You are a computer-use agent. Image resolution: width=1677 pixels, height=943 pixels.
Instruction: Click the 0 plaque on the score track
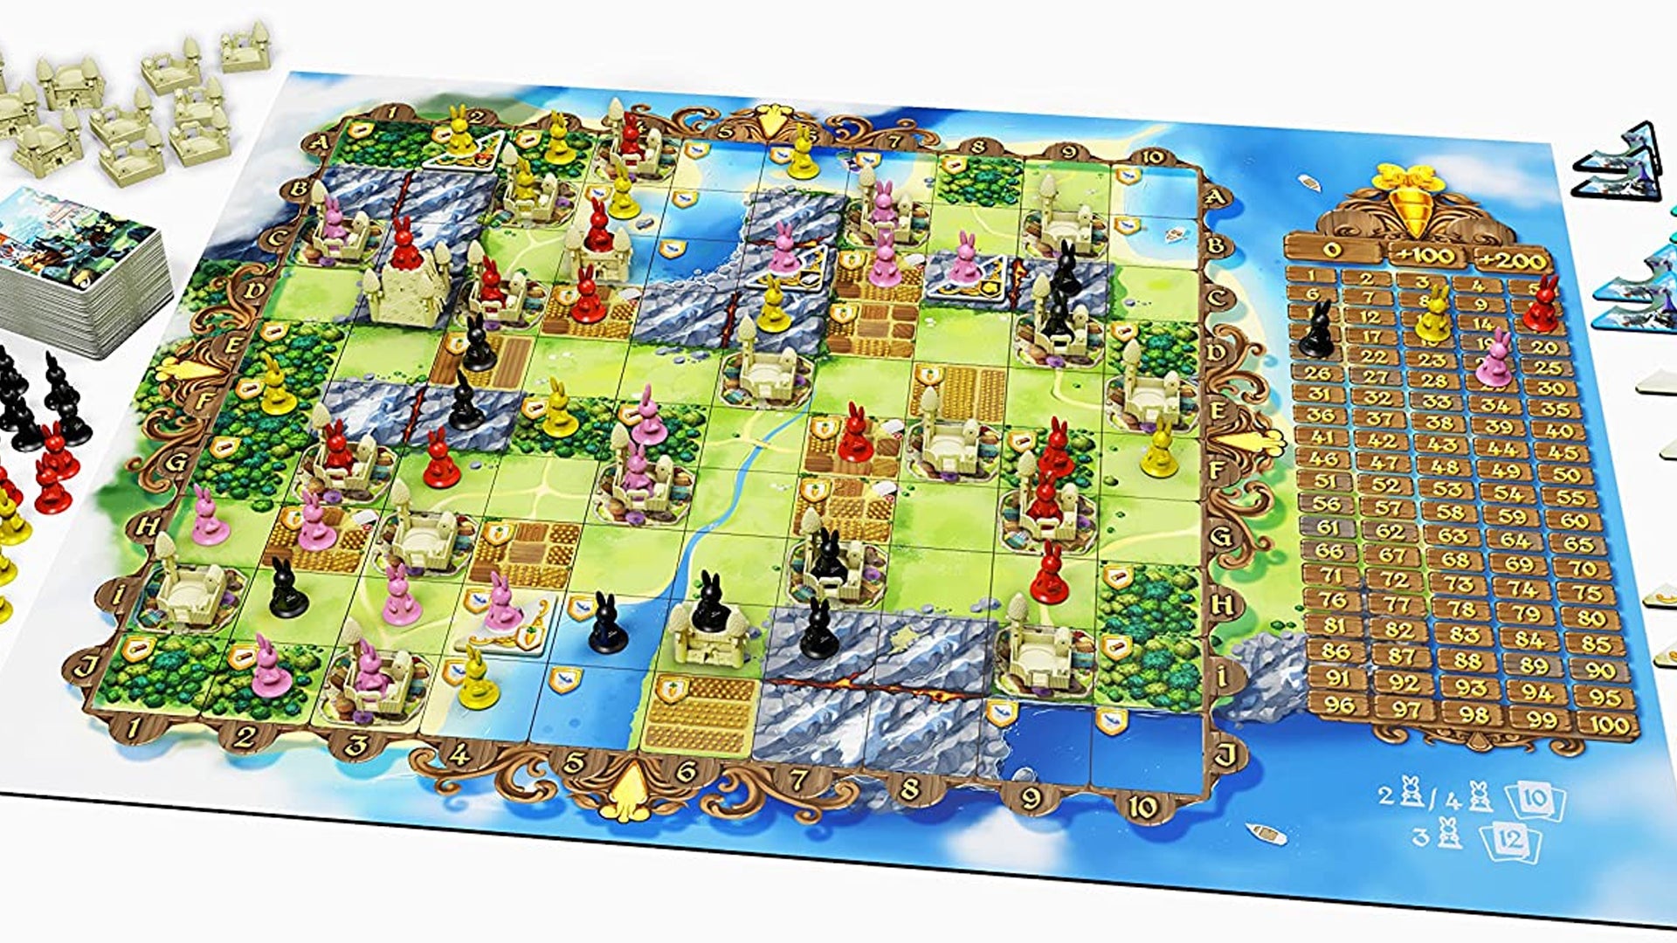click(x=1331, y=250)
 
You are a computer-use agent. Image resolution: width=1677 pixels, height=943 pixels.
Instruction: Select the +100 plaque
click(x=1425, y=255)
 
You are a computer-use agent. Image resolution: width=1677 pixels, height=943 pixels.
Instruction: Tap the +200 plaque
click(x=1513, y=260)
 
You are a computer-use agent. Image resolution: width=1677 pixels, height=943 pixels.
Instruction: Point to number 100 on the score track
click(x=1609, y=723)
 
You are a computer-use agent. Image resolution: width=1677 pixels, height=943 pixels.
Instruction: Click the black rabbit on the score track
click(x=1317, y=329)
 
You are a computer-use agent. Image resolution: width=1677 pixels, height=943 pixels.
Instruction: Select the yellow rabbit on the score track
click(x=1432, y=316)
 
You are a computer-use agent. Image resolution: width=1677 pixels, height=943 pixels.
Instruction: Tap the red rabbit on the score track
click(x=1542, y=305)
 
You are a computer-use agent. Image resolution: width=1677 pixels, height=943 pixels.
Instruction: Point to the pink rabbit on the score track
click(x=1494, y=360)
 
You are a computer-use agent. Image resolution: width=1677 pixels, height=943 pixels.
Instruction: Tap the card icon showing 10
click(x=1536, y=799)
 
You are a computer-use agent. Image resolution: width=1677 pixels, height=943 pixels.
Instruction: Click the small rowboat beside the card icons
click(x=1267, y=833)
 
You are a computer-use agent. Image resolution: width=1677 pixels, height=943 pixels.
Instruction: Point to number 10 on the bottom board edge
click(x=1143, y=806)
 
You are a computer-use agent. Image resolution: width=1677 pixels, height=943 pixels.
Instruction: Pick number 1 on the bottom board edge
click(x=133, y=727)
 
